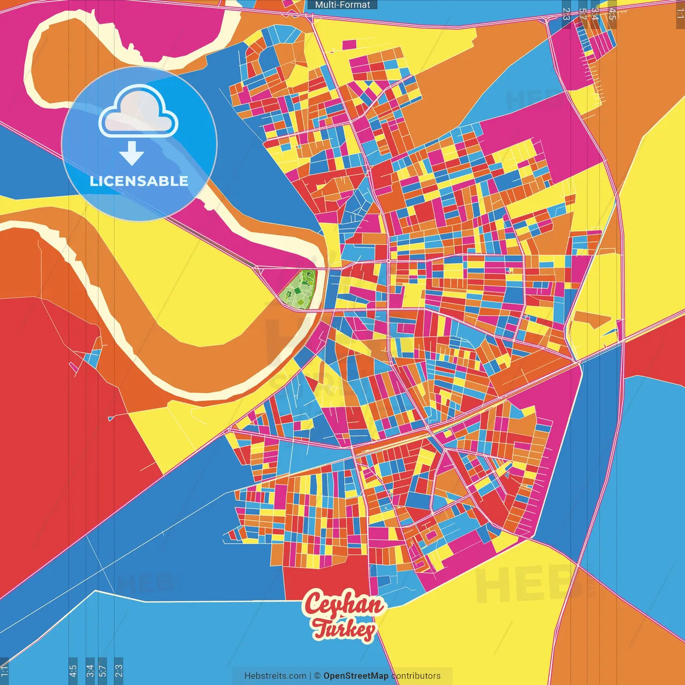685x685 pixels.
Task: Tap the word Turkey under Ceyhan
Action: (344, 629)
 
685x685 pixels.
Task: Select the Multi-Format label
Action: (342, 5)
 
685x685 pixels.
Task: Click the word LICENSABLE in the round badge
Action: (139, 181)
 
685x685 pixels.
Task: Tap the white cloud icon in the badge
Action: (139, 112)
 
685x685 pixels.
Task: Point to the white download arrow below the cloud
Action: (132, 154)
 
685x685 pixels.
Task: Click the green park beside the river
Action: (299, 290)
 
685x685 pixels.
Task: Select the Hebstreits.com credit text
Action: (275, 676)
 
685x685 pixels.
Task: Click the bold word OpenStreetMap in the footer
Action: (355, 676)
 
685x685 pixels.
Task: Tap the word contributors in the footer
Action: (416, 676)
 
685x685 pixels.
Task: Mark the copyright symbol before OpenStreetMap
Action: (317, 676)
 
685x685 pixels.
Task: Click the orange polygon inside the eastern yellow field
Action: (593, 319)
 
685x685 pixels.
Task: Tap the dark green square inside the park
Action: (297, 291)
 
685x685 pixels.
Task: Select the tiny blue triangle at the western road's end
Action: (111, 418)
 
